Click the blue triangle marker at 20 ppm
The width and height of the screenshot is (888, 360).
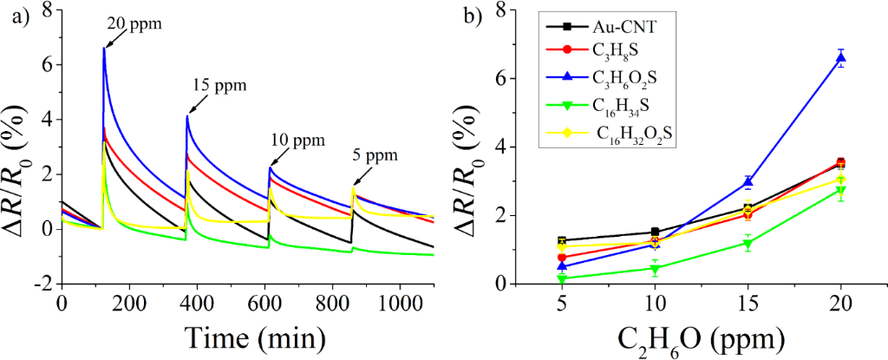point(841,58)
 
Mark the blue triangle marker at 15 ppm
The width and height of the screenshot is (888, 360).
point(748,182)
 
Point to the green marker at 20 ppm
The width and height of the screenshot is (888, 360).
point(841,191)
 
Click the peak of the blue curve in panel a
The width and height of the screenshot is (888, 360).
point(104,48)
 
